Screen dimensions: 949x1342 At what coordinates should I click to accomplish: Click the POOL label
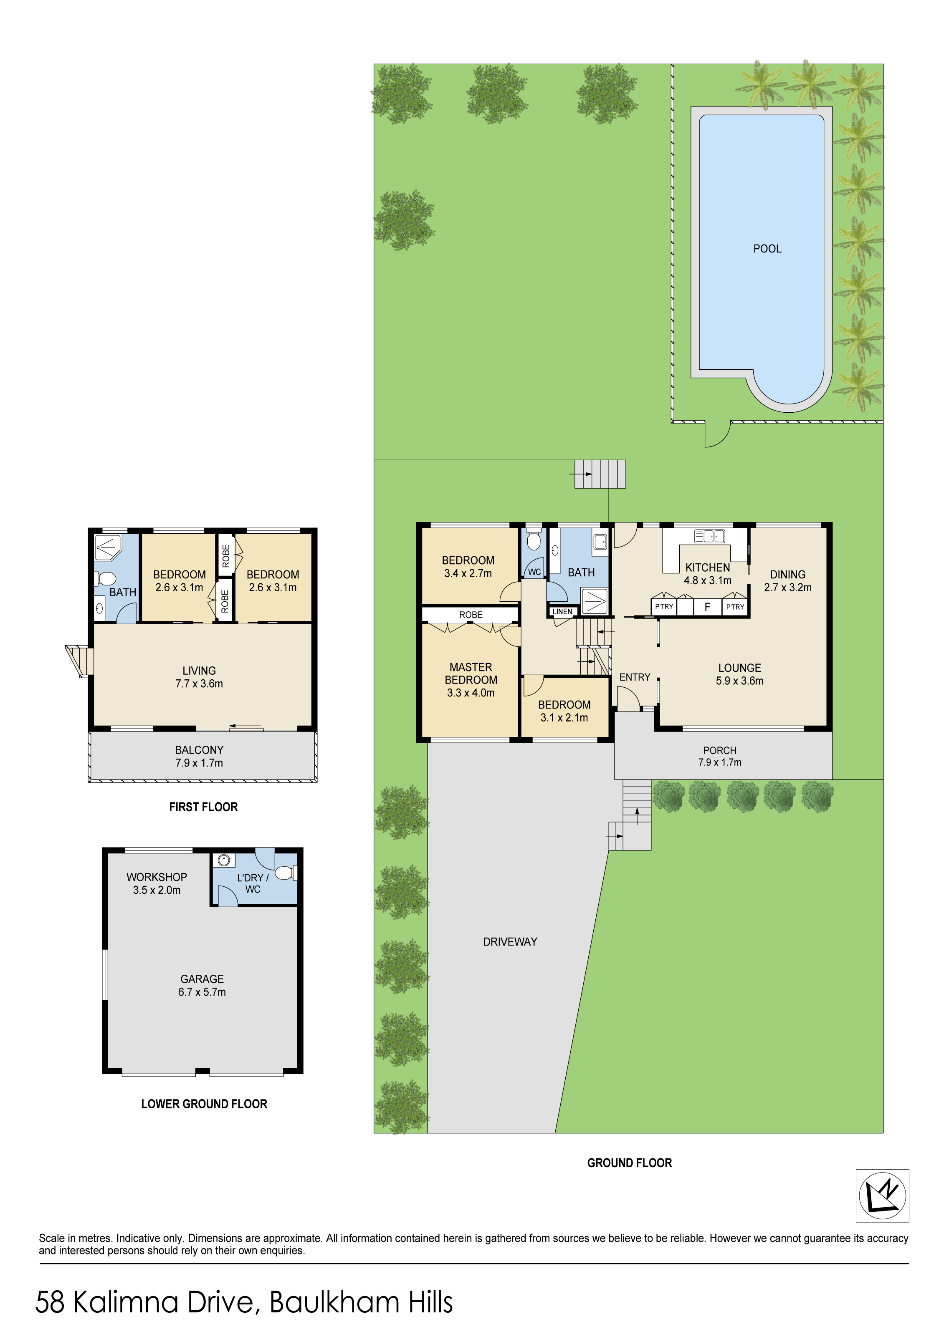pyautogui.click(x=767, y=249)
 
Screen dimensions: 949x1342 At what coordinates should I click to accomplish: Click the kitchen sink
pyautogui.click(x=709, y=536)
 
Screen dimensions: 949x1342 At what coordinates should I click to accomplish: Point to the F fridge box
pyautogui.click(x=708, y=607)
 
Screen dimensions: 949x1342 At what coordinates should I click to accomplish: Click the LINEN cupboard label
pyautogui.click(x=562, y=611)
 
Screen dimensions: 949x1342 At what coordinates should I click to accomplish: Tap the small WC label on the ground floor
pyautogui.click(x=534, y=572)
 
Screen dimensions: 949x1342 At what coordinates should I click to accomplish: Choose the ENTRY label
pyautogui.click(x=635, y=677)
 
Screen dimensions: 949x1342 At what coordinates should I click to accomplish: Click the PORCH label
pyautogui.click(x=720, y=750)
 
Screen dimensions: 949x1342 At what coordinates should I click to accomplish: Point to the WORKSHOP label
pyautogui.click(x=157, y=877)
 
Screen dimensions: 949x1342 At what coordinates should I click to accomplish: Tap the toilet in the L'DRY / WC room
pyautogui.click(x=285, y=873)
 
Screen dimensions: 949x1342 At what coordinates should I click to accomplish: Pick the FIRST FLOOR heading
pyautogui.click(x=203, y=807)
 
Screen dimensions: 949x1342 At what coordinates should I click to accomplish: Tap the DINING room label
pyautogui.click(x=787, y=575)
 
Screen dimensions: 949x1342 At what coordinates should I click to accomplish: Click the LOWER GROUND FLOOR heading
pyautogui.click(x=204, y=1104)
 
